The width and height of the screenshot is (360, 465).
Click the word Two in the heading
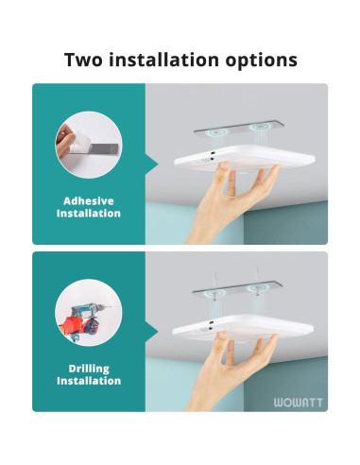point(84,60)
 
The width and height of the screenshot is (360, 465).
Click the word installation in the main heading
point(166,60)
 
